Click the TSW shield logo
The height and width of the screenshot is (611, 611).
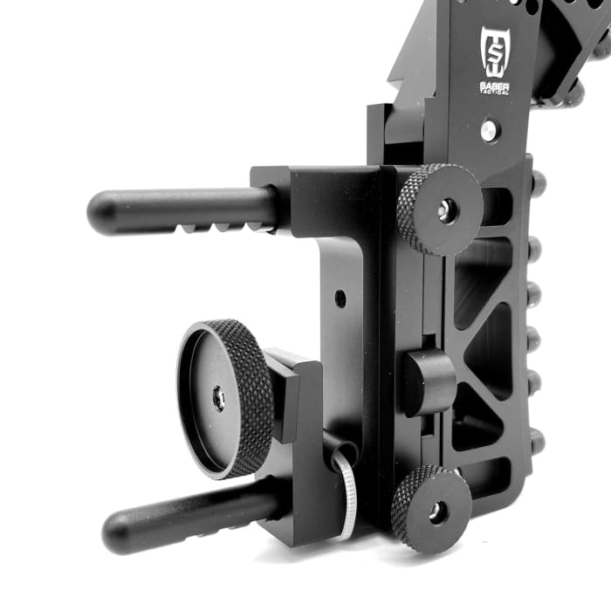(494, 51)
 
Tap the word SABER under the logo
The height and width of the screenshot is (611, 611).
(494, 85)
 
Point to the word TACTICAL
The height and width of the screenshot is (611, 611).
(494, 93)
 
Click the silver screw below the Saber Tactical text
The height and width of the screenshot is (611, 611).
(490, 131)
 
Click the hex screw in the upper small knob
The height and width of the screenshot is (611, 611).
(446, 209)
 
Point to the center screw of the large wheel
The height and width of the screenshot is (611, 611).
(217, 399)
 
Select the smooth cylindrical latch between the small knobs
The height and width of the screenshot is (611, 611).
(428, 382)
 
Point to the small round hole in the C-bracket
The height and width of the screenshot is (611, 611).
(340, 299)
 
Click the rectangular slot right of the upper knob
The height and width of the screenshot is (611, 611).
(496, 207)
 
